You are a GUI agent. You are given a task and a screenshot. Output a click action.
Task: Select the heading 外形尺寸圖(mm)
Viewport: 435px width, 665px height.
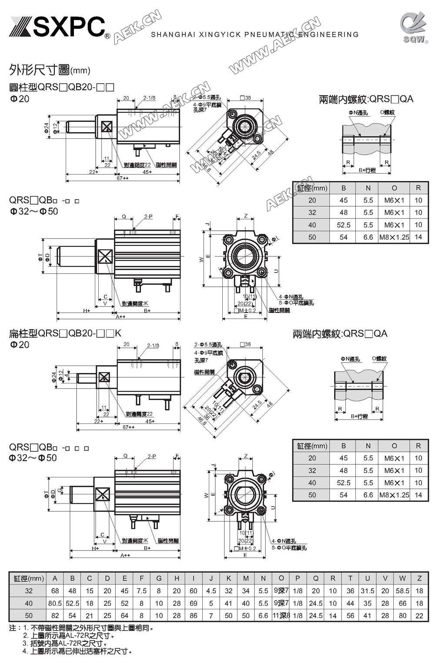[x=50, y=70]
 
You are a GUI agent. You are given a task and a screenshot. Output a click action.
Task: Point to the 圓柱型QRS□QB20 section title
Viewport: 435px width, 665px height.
[x=61, y=87]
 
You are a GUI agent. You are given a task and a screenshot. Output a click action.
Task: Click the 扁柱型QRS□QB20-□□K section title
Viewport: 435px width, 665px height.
[x=65, y=333]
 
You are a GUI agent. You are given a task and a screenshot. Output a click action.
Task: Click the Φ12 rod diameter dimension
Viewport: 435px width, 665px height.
[x=55, y=128]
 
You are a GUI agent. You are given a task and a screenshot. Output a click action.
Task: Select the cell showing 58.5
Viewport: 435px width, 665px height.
[x=402, y=591]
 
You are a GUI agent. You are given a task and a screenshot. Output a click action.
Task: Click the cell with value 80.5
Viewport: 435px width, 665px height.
[x=55, y=603]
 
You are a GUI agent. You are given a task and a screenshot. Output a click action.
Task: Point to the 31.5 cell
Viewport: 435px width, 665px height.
[x=368, y=591]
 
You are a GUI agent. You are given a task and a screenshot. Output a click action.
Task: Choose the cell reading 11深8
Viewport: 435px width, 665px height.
[x=281, y=615]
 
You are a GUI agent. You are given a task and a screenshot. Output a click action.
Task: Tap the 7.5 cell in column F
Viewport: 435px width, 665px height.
[x=141, y=591]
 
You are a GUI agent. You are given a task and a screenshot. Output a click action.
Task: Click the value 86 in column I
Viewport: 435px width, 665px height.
[x=193, y=615]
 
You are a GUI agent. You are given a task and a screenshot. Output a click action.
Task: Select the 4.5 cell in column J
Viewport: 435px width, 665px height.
[x=211, y=591]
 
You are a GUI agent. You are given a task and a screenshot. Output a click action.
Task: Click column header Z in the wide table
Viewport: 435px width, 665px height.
[x=419, y=578]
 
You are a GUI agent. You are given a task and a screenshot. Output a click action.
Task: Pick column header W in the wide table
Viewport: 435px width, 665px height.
[x=402, y=578]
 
